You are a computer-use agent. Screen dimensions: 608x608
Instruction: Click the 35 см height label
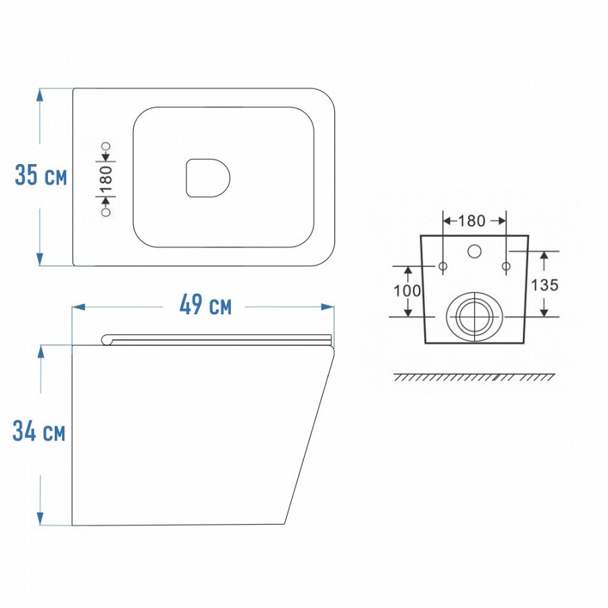click(41, 175)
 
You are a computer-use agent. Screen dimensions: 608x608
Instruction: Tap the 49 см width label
click(205, 305)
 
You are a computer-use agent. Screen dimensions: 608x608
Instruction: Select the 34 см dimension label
click(39, 431)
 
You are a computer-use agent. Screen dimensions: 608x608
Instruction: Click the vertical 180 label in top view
click(106, 179)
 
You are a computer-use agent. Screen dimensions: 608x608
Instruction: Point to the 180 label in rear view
click(472, 221)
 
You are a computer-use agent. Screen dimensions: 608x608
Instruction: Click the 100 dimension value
click(407, 290)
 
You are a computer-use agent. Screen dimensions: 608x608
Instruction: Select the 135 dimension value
click(544, 285)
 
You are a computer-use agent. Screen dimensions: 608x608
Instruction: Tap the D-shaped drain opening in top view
click(208, 178)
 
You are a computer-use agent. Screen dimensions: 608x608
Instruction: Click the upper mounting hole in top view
click(106, 147)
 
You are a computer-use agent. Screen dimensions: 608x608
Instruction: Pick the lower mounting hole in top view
click(105, 211)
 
